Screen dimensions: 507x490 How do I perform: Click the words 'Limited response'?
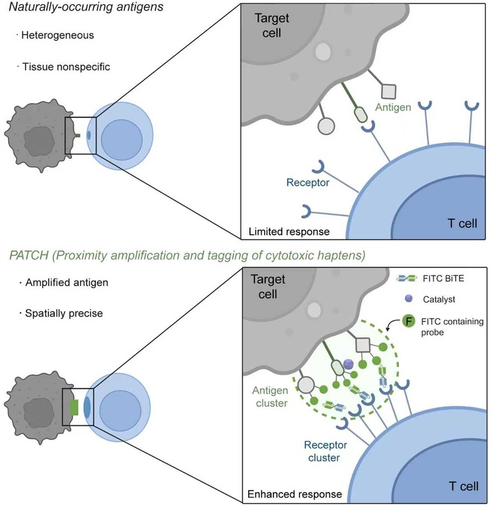(289, 231)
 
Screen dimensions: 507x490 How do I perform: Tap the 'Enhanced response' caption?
(295, 494)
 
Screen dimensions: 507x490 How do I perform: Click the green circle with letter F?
(408, 321)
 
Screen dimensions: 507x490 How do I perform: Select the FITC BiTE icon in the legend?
(408, 278)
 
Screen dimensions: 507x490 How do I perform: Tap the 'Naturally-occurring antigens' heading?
(75, 8)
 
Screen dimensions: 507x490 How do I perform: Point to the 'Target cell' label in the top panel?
(272, 25)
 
